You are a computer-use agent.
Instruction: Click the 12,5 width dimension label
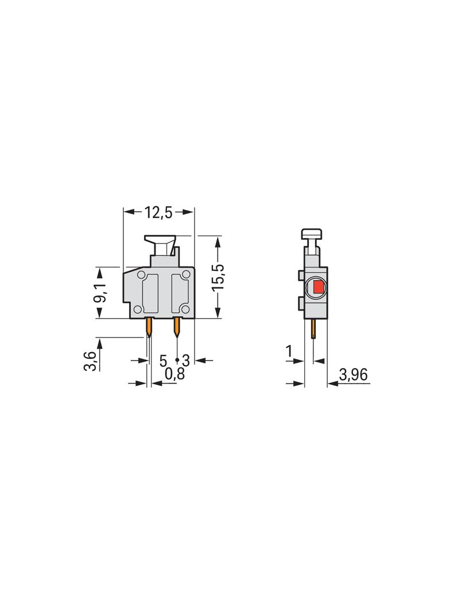[x=158, y=212]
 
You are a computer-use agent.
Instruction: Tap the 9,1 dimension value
[x=100, y=293]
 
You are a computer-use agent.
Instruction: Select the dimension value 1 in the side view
[x=289, y=351]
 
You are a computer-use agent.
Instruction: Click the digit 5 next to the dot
[x=163, y=361]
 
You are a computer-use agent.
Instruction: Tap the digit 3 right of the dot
[x=185, y=361]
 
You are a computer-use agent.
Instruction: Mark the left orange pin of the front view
[x=149, y=327]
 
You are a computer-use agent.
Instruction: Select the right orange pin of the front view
[x=177, y=327]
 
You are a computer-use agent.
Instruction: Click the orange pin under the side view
[x=313, y=329]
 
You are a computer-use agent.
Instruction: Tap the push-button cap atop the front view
[x=160, y=238]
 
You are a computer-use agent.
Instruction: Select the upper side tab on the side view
[x=301, y=276]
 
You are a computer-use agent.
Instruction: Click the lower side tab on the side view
[x=301, y=303]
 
